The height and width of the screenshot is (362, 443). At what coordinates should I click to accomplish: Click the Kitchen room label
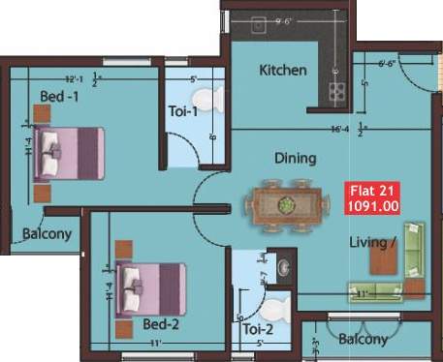[x=283, y=71]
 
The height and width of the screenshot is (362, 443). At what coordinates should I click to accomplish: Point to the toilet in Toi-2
[x=275, y=309]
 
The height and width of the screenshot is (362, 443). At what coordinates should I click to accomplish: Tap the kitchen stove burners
[x=338, y=91]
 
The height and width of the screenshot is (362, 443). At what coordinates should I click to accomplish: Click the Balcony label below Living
[x=364, y=340]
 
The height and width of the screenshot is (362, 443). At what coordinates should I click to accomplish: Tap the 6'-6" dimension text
[x=386, y=64]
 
